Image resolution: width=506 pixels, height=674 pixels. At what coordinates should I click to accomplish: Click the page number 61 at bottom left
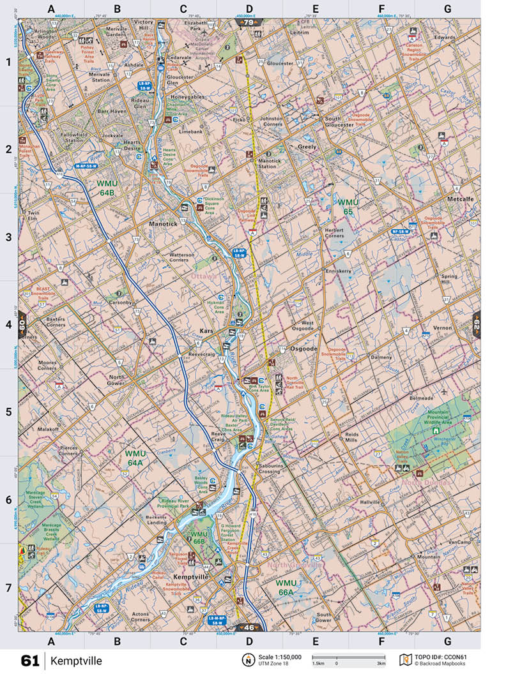[30, 661]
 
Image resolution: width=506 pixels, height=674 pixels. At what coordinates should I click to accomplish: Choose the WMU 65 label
[348, 207]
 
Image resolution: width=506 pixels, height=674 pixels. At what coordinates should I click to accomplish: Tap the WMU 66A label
[286, 587]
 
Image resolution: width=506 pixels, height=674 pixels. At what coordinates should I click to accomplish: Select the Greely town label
[307, 147]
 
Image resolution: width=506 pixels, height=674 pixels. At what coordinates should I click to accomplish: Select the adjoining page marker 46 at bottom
[251, 627]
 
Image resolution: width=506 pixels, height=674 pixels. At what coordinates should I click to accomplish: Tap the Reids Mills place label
[356, 437]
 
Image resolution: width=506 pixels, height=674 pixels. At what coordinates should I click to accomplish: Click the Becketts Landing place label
[156, 519]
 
